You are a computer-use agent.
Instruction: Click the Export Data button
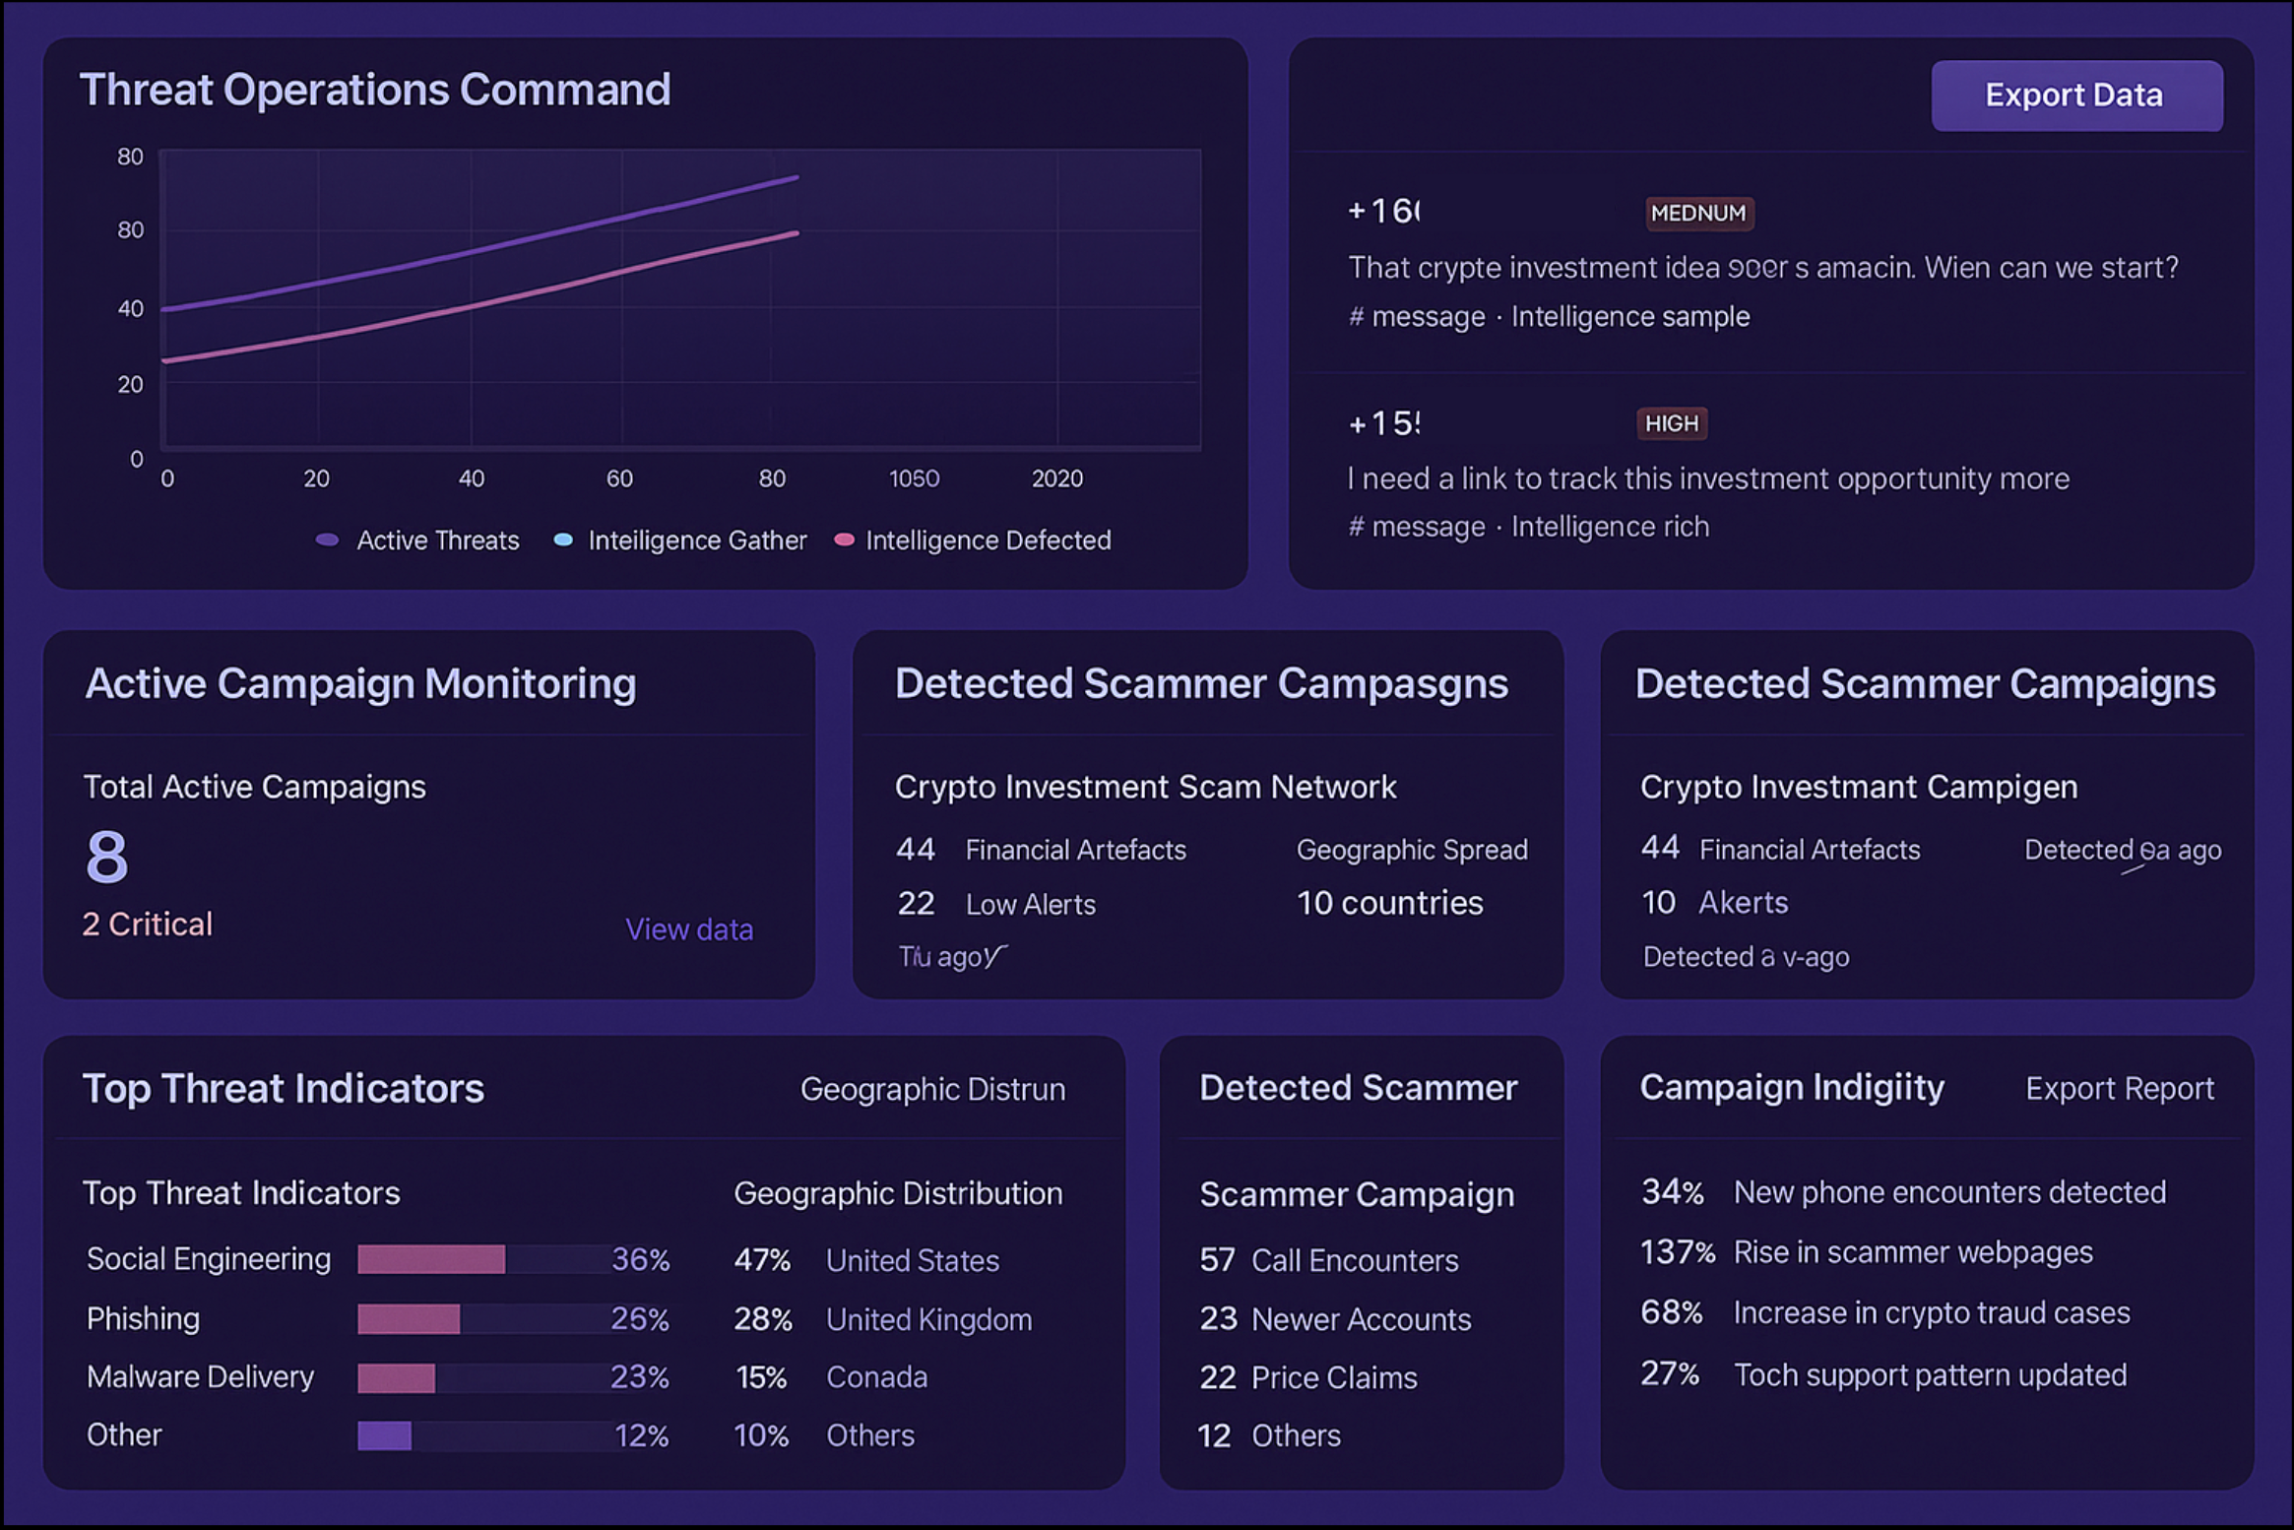tap(2075, 96)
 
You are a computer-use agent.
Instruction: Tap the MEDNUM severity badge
tap(1697, 213)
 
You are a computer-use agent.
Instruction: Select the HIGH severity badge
tap(1671, 423)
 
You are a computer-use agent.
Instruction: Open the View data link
tap(688, 929)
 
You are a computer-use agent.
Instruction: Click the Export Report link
tap(2119, 1088)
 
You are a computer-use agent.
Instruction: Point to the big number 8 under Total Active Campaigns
tap(106, 856)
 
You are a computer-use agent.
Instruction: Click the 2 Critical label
tap(147, 924)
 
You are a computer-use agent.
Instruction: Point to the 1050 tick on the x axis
tap(914, 478)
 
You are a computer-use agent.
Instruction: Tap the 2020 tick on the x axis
tap(1056, 478)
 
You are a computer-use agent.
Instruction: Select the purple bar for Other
tap(384, 1435)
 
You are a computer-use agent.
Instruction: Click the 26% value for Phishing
tap(639, 1318)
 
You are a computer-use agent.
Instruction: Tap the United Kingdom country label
tap(928, 1319)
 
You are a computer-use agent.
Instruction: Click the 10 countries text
tap(1389, 903)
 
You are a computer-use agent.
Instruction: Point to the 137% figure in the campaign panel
tap(1676, 1252)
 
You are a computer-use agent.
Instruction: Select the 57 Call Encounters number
tap(1216, 1260)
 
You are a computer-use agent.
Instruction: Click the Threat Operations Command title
tap(375, 90)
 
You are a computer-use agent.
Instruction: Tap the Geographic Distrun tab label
tap(932, 1089)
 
